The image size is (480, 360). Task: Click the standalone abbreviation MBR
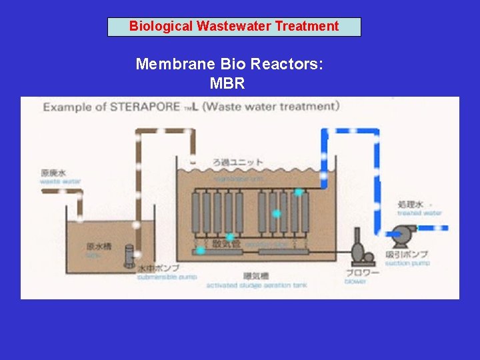227,83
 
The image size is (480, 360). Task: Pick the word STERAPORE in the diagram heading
145,107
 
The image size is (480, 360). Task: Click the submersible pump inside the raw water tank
130,255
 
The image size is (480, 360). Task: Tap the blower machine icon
361,249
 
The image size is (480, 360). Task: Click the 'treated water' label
419,213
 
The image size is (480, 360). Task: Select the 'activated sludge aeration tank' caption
256,285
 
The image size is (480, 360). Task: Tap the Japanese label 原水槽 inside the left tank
97,246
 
